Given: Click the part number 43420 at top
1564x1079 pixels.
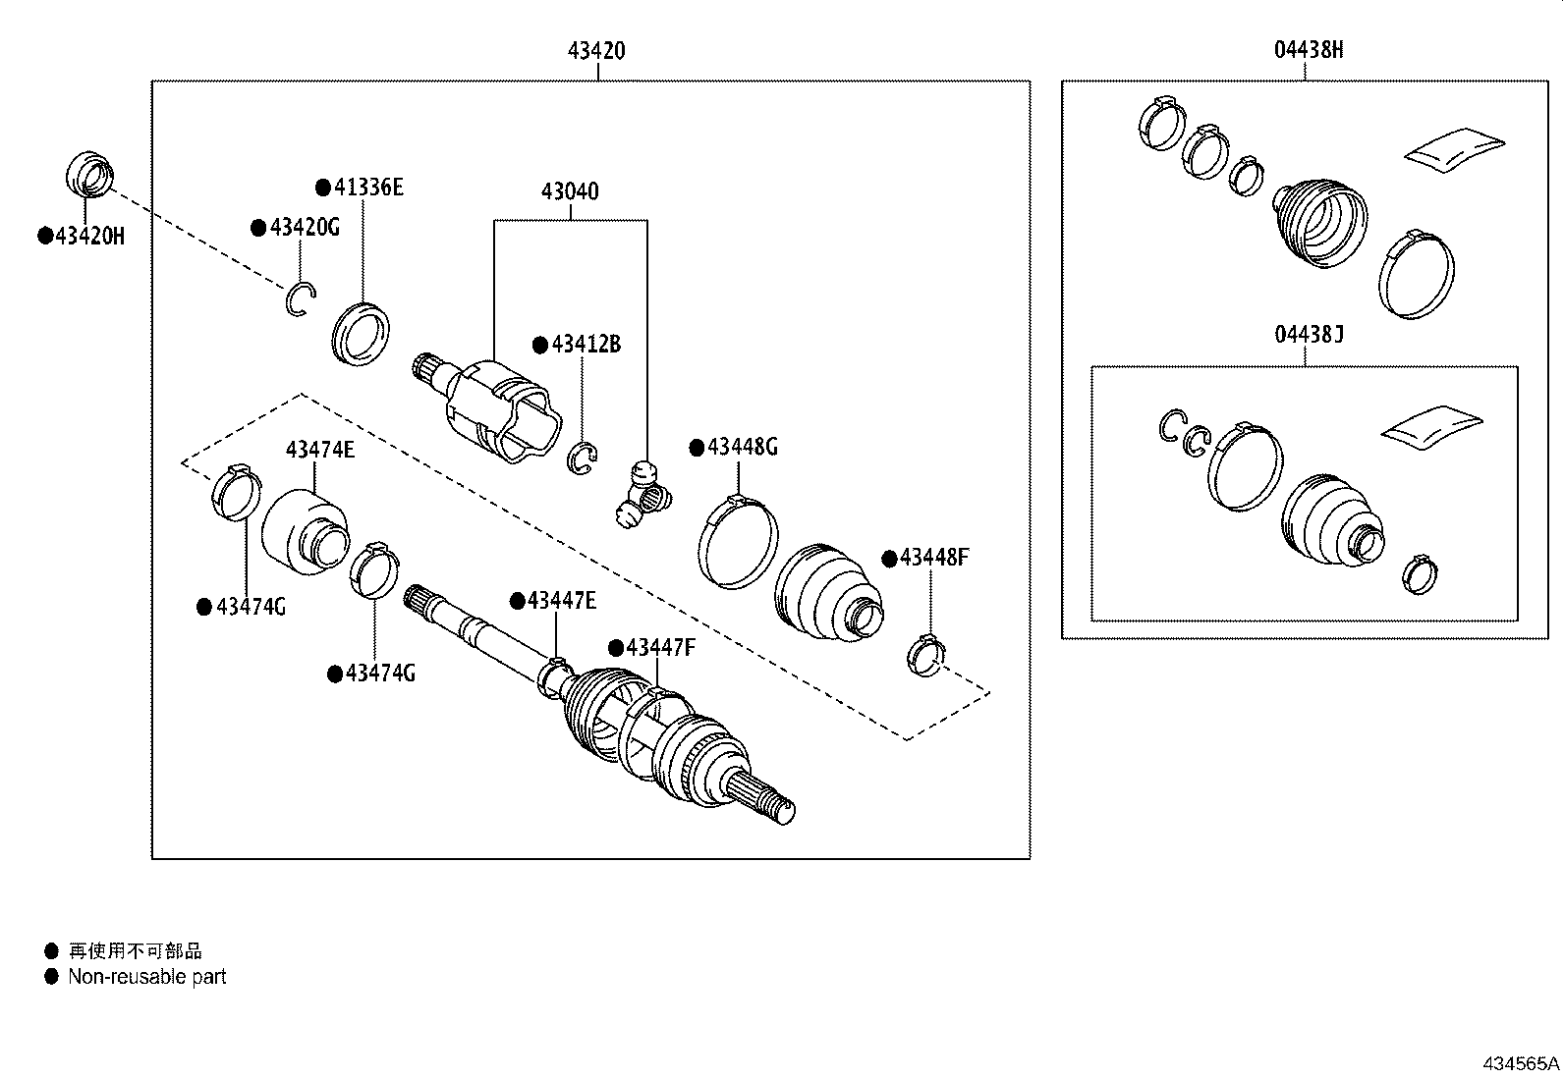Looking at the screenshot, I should [596, 51].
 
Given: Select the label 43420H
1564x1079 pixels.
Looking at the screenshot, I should [88, 237].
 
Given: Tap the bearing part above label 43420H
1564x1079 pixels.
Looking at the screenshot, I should [88, 174].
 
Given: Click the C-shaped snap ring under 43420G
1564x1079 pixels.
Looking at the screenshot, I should [301, 299].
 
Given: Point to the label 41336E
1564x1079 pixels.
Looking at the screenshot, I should [367, 188].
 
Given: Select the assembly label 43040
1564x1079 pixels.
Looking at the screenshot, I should [570, 191].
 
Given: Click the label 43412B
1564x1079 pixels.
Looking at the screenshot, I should [586, 345].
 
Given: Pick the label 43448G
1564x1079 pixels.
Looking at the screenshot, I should [742, 448].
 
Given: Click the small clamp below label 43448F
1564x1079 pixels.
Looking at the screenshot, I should [925, 655].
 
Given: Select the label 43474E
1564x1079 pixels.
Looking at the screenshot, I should [320, 450].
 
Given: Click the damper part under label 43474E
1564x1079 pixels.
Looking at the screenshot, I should [306, 530].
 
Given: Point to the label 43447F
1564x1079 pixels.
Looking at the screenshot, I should [660, 648].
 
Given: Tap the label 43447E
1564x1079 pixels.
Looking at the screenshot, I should [561, 601].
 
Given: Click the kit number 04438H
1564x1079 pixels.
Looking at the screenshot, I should [1309, 51].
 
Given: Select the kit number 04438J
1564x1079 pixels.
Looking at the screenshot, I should [1309, 335].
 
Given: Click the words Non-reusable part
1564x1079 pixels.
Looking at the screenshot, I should [147, 977].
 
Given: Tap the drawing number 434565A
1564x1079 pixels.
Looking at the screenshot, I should [1521, 1063].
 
